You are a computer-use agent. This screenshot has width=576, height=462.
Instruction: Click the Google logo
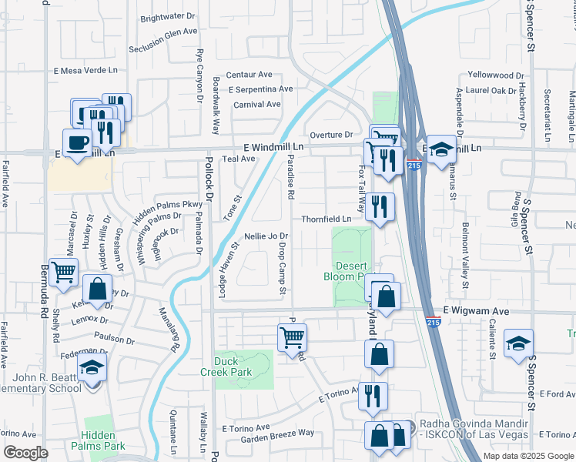(x=25, y=453)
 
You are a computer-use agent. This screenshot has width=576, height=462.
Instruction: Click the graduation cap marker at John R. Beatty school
(x=92, y=370)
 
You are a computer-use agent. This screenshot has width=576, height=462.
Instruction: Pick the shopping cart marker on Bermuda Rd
(x=64, y=272)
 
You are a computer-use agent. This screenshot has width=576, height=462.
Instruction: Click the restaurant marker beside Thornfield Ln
(x=379, y=206)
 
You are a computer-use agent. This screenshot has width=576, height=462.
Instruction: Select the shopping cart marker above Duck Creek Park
(x=292, y=337)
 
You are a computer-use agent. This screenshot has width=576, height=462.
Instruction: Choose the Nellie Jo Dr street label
(x=266, y=236)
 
